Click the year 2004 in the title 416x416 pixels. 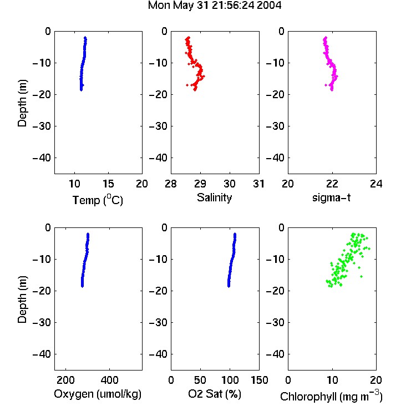pos(269,6)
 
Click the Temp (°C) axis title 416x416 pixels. pos(98,200)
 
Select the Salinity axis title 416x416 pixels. pos(214,197)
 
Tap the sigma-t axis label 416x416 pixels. pos(331,197)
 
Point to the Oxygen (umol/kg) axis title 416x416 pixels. pos(98,394)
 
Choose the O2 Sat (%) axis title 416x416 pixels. pos(215,394)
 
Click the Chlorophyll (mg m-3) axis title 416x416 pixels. pos(331,396)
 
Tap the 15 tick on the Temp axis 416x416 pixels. pos(108,184)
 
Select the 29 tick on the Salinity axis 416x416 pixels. pos(200,184)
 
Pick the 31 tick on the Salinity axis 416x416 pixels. pos(258,184)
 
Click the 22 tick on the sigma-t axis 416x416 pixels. pos(332,184)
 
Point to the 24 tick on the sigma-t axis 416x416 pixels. pos(376,184)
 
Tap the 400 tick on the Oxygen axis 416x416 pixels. pos(109,380)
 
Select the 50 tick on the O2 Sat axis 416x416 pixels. pos(200,380)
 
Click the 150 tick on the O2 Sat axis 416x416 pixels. pos(259,380)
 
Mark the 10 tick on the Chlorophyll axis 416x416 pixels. pos(332,380)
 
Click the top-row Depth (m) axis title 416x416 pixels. pos(22,103)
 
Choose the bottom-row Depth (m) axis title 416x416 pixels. pos(22,300)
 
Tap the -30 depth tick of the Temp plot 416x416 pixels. pos(42,126)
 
